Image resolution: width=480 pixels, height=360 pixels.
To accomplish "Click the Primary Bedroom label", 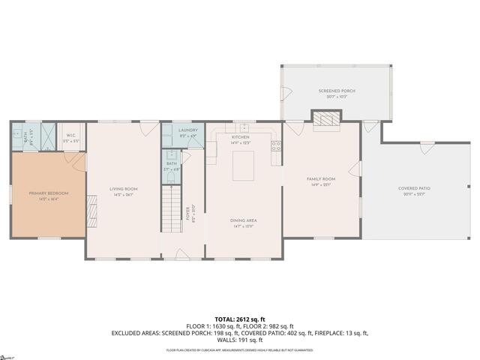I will click(49, 195).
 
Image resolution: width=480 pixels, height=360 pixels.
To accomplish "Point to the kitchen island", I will click(243, 166).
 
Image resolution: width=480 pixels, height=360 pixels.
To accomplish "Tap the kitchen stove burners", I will click(277, 146).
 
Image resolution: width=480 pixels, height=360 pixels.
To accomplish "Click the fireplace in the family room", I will click(326, 119).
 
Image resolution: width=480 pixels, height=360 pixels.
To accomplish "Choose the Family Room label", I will click(320, 181).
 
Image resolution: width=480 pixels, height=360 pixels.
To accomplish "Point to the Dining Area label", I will click(244, 222).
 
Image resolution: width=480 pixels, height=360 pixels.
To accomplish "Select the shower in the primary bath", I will click(45, 136).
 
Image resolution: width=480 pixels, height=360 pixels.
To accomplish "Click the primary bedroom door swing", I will click(75, 160).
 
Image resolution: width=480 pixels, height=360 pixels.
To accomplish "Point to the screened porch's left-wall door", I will click(285, 93).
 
